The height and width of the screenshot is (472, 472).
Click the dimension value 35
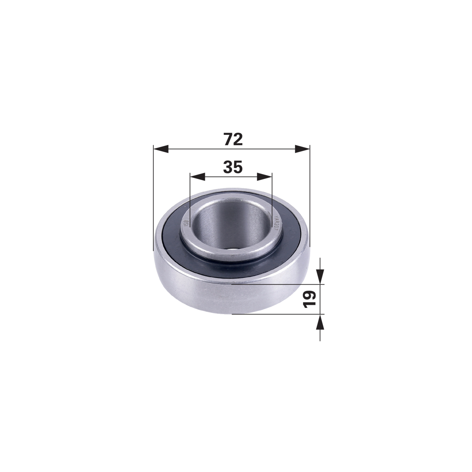pyautogui.click(x=233, y=167)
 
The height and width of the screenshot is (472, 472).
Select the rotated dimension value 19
pyautogui.click(x=310, y=299)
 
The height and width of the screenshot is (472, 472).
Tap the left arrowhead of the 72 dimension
pyautogui.click(x=161, y=149)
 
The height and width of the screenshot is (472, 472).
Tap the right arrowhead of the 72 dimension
pyautogui.click(x=303, y=149)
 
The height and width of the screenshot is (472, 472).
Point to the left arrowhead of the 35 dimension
pyautogui.click(x=197, y=177)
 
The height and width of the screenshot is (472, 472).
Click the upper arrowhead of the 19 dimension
pyautogui.click(x=320, y=277)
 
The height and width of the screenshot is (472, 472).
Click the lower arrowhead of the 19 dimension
pyautogui.click(x=320, y=322)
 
